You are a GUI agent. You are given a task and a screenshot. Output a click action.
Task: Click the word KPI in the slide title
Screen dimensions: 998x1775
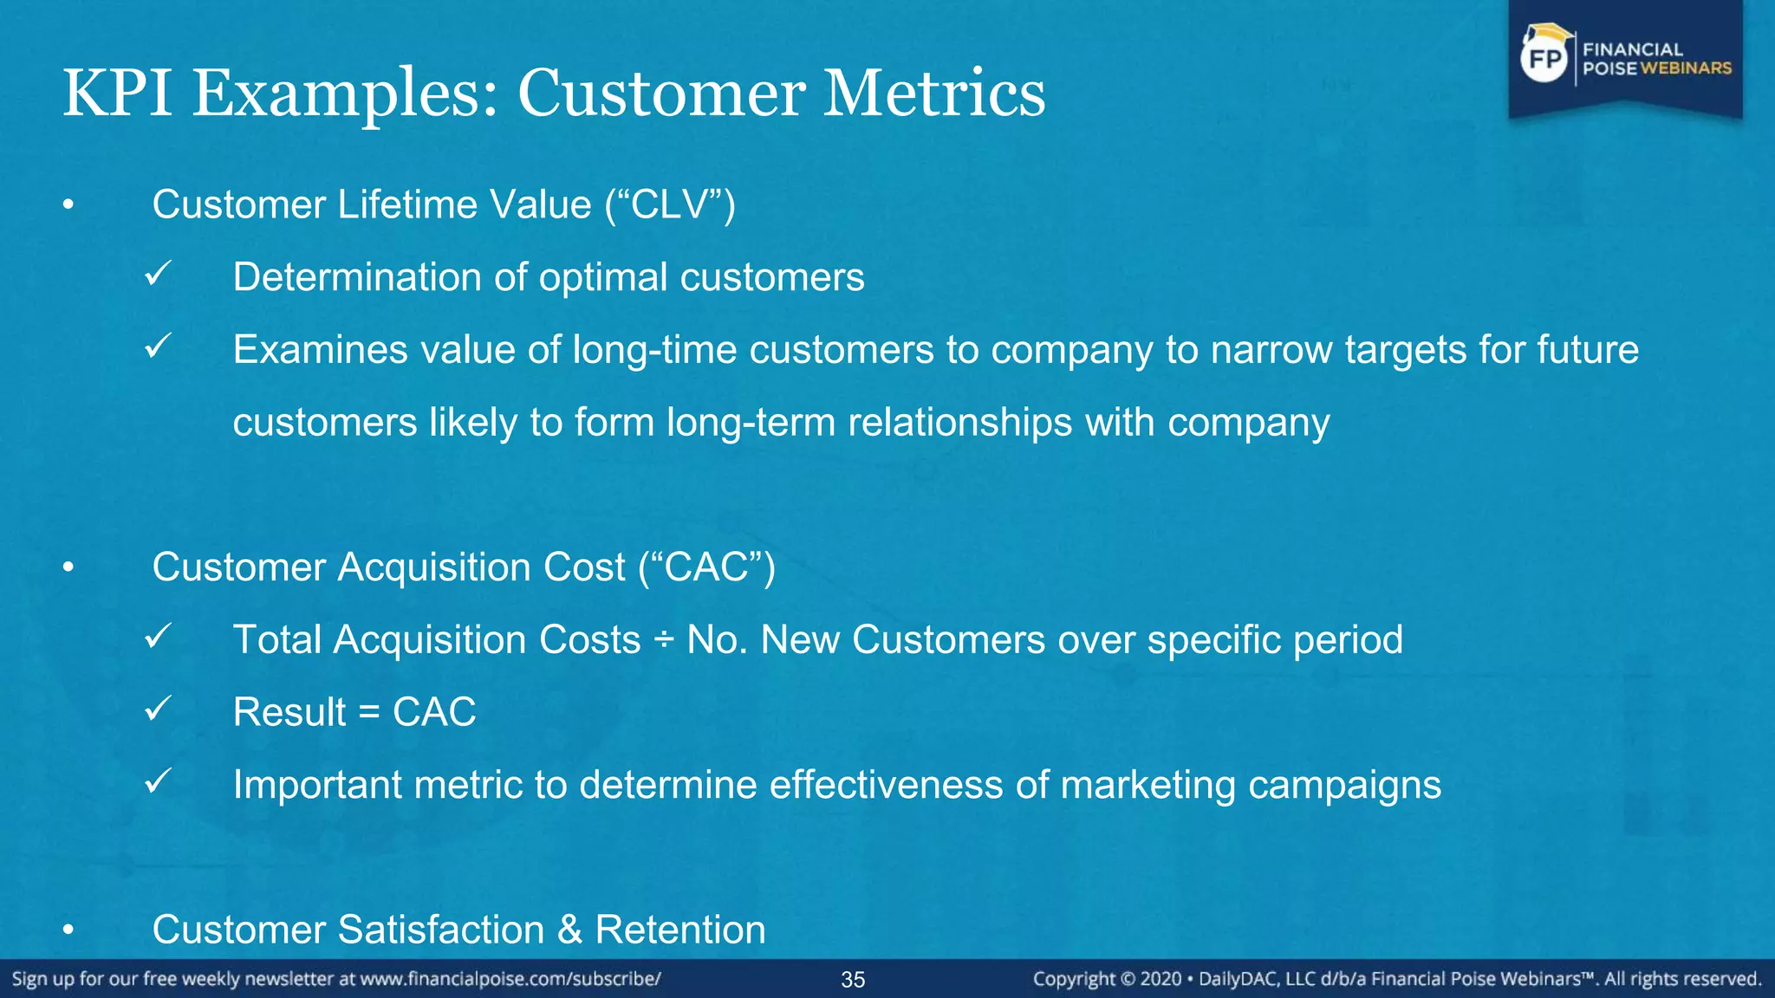click(x=117, y=93)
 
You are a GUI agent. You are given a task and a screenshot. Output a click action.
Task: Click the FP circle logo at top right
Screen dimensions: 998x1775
click(x=1544, y=60)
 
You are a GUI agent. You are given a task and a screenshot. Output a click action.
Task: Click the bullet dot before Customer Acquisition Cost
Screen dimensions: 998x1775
click(x=68, y=568)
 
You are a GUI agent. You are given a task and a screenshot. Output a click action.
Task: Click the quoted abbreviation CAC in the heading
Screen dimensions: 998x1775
click(x=706, y=567)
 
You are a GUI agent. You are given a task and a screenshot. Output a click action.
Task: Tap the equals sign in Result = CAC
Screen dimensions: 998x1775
click(x=369, y=713)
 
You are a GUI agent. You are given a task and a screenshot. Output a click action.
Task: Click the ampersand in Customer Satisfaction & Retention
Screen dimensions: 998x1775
click(x=569, y=930)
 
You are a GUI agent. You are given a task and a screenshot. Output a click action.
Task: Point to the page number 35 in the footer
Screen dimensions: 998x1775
click(x=853, y=980)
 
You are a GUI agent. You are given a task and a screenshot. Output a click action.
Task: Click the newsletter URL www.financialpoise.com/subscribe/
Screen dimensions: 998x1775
click(x=510, y=979)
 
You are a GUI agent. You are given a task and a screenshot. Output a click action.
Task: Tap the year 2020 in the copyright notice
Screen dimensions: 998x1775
click(x=1161, y=979)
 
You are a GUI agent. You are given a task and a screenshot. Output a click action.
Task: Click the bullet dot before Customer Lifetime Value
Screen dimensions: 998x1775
click(x=68, y=206)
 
